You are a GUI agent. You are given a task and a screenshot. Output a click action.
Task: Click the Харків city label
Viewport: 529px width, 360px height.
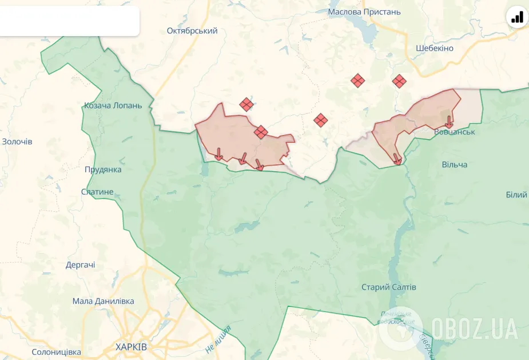(131, 347)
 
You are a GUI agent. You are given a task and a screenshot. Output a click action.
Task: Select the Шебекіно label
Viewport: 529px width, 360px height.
(435, 48)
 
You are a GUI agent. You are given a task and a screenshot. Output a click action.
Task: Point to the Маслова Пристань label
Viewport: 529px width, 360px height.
(364, 11)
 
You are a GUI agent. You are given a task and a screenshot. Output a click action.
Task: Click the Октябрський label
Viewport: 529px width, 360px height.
(192, 31)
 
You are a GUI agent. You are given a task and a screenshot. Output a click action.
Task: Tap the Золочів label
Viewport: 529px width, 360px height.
(17, 141)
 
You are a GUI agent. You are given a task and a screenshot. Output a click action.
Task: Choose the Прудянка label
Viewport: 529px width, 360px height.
(103, 169)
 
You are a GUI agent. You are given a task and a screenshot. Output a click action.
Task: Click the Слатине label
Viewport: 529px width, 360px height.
(97, 192)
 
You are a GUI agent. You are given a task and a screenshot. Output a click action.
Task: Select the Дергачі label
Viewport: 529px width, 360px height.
(81, 265)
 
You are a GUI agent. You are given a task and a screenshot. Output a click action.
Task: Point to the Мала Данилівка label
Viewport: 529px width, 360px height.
(104, 301)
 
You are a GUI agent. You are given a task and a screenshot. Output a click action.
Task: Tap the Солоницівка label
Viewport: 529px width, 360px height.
(56, 352)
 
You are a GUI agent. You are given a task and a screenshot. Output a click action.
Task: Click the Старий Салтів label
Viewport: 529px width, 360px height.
(389, 287)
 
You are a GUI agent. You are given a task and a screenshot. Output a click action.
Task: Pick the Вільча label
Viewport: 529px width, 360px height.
(455, 164)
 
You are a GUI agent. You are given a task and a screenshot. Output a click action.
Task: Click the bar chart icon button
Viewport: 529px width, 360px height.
(517, 17)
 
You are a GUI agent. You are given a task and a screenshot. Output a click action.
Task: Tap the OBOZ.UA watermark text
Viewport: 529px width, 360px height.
(475, 329)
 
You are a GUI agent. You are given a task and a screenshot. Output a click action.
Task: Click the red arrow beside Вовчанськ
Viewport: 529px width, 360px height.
(449, 121)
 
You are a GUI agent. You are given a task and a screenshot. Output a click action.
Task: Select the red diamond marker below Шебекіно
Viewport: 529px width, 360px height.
(399, 81)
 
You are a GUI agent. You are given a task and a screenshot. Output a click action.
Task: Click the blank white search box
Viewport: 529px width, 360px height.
(69, 21)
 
